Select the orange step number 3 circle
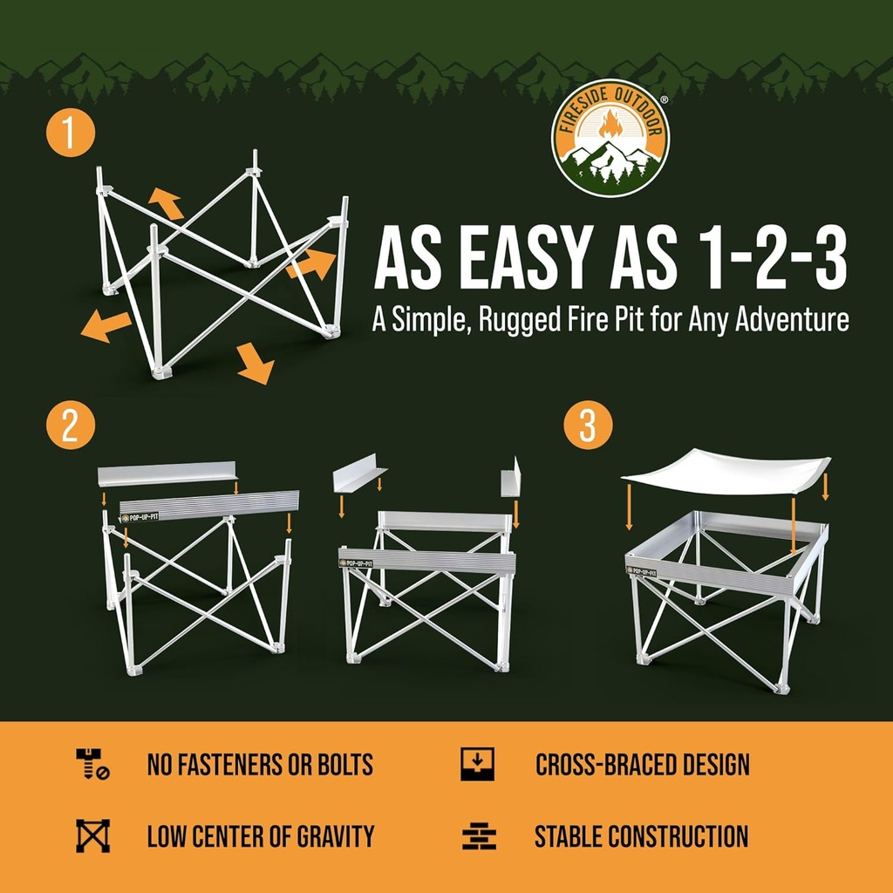point(587,426)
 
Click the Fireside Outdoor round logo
point(610,138)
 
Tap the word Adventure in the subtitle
point(791,320)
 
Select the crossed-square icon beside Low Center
point(92,835)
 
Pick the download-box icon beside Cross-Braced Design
point(477,764)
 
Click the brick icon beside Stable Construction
point(478,836)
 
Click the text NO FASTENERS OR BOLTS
point(260,766)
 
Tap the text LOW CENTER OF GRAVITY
point(260,836)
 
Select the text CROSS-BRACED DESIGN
point(642,766)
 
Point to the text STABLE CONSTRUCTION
point(641,836)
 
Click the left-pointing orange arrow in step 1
point(105,326)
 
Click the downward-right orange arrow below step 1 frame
point(254,364)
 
